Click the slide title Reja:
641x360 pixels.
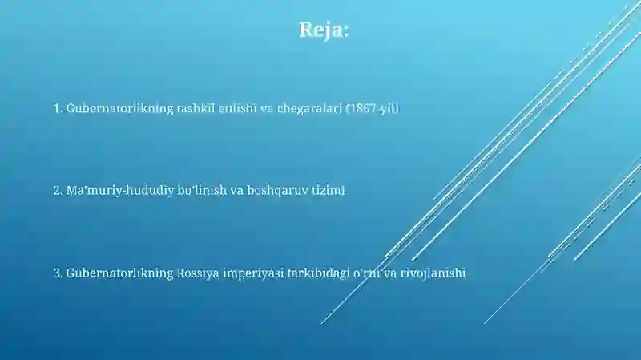[324, 30]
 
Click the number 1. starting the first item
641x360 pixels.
[58, 107]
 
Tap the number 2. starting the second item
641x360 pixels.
[58, 191]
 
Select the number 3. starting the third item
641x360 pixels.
[58, 273]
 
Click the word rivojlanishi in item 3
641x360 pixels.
[433, 273]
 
